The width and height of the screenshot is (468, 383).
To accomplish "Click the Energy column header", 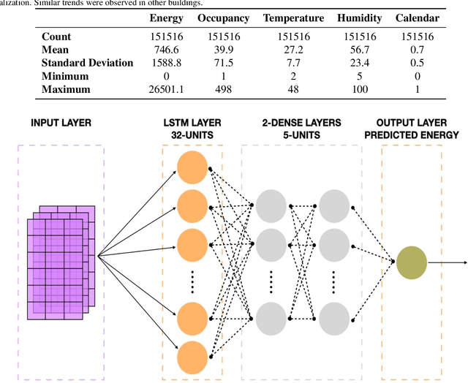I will (166, 18).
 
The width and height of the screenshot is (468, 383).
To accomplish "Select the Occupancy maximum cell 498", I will (223, 89).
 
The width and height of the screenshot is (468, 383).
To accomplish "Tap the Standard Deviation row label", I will (88, 62).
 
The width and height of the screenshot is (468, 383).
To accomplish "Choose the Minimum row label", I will (66, 76).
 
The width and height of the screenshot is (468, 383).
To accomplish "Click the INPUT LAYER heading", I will (61, 122).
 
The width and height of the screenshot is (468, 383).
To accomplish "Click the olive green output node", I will (412, 264).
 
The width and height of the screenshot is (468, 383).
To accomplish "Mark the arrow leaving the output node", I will (448, 264).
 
